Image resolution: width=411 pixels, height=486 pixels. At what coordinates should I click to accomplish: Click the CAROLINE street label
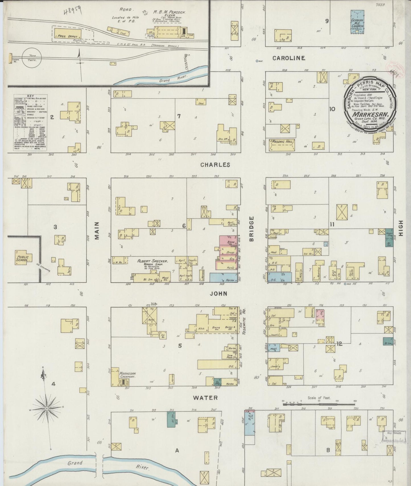click(x=288, y=58)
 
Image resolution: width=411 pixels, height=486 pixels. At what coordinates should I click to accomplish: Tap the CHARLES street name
click(x=215, y=165)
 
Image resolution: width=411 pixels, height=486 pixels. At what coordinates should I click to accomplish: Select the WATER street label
click(x=205, y=398)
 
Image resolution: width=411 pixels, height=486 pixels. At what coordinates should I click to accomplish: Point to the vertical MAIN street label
click(x=97, y=231)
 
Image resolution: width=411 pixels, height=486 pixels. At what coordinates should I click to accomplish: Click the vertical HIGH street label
click(x=401, y=228)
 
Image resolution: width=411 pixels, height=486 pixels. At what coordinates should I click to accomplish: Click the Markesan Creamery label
click(x=127, y=375)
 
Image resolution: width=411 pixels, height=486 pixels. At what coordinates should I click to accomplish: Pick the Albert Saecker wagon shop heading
click(x=152, y=261)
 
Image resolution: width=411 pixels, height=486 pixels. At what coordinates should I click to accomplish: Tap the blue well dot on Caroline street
click(x=257, y=61)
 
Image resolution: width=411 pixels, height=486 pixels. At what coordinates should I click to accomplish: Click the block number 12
click(x=339, y=344)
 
